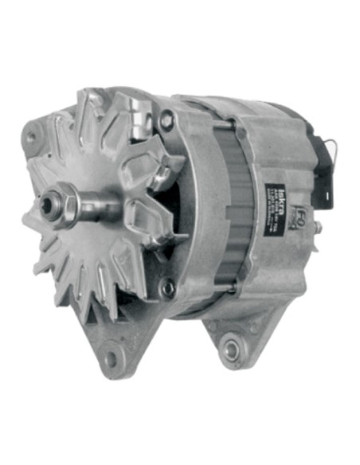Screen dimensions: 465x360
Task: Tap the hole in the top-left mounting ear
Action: coord(33,137)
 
